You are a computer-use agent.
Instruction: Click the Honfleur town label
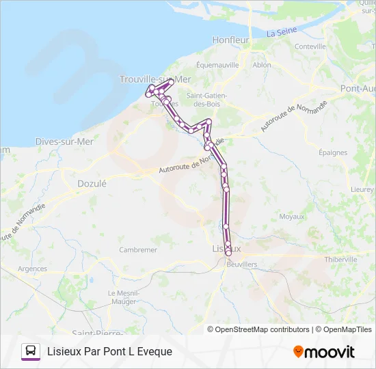(x=230, y=40)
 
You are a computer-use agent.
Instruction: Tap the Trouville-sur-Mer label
(x=155, y=79)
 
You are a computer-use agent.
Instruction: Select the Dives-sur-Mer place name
(x=64, y=141)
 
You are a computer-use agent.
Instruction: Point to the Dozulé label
(x=92, y=183)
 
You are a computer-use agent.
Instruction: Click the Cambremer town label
(x=138, y=250)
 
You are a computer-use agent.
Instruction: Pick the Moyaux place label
(x=292, y=217)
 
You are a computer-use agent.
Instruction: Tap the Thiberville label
(x=341, y=260)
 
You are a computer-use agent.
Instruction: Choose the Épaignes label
(x=333, y=153)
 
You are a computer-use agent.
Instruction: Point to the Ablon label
(x=262, y=65)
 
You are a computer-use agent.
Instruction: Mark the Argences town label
(x=31, y=269)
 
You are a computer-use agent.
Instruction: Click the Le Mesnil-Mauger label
(x=124, y=297)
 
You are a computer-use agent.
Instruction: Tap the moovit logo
(x=324, y=351)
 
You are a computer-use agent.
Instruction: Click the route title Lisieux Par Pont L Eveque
(x=109, y=351)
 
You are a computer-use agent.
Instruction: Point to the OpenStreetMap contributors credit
(x=262, y=329)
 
